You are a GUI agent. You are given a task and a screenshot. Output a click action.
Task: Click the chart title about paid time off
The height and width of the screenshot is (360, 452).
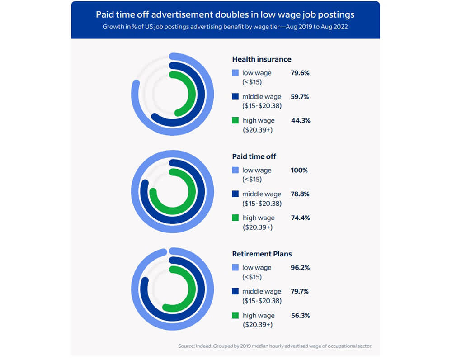[225, 14]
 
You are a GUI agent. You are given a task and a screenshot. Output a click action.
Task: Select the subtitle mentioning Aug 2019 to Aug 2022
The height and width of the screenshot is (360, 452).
[225, 26]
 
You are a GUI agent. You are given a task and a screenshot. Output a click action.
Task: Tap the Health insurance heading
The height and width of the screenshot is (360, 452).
[262, 59]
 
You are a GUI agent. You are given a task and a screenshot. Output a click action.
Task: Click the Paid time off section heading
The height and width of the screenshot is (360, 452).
[254, 156]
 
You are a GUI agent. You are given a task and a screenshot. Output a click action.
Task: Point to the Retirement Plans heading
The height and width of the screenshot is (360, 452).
[262, 254]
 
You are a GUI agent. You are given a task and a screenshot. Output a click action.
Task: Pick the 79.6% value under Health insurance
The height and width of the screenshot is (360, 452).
[300, 73]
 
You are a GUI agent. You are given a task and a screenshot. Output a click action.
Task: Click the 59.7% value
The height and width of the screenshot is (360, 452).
[300, 96]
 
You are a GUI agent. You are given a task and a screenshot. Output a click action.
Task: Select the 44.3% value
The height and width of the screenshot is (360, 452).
[301, 120]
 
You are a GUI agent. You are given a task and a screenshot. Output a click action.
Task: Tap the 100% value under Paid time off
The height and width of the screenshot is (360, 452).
[299, 170]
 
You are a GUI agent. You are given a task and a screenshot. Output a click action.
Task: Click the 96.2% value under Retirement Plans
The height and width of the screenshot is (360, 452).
[300, 267]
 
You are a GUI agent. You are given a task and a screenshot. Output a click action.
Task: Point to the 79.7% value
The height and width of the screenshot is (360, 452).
[300, 291]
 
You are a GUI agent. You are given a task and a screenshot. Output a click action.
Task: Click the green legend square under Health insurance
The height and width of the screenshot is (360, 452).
[235, 120]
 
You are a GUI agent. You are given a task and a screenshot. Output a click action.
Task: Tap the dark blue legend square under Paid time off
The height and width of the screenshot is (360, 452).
[235, 194]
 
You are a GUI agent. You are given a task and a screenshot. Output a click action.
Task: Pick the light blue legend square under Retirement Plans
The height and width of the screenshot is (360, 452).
[235, 268]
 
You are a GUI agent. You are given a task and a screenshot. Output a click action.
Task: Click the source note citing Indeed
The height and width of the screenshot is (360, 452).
[275, 346]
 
